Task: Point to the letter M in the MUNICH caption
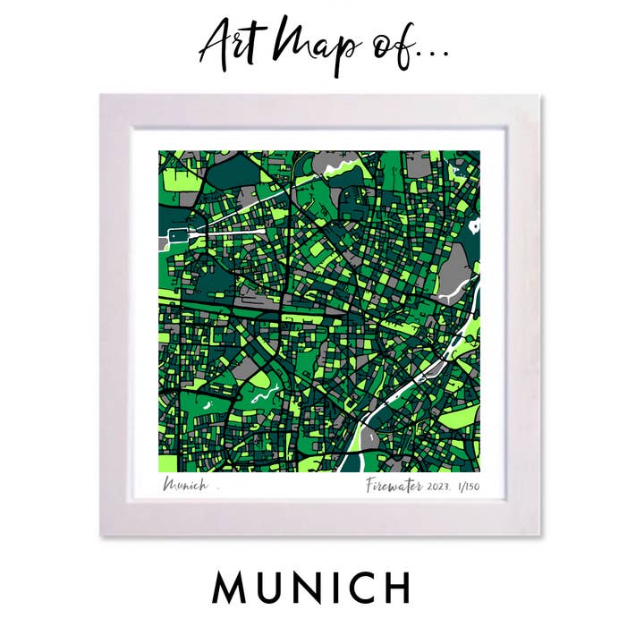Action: point(229,588)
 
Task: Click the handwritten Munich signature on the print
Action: point(185,486)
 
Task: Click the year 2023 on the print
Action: point(441,487)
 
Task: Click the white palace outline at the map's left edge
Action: point(175,236)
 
